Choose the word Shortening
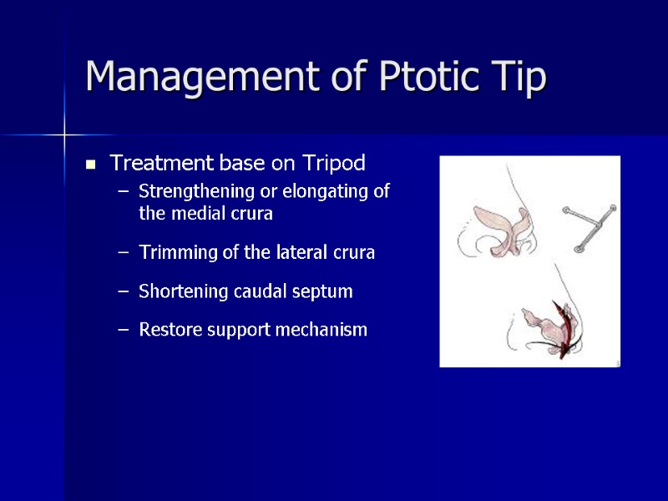pyautogui.click(x=177, y=291)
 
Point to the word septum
pyautogui.click(x=326, y=291)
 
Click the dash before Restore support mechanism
pyautogui.click(x=124, y=331)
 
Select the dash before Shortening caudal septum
pyautogui.click(x=124, y=292)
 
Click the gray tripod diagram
pyautogui.click(x=588, y=224)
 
